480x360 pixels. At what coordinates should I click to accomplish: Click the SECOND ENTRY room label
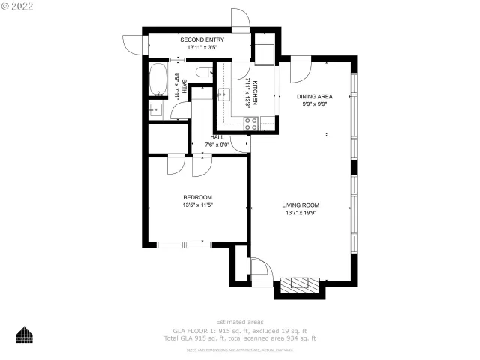181,40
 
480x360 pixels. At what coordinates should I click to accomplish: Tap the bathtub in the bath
159,79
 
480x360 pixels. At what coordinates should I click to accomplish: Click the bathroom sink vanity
155,112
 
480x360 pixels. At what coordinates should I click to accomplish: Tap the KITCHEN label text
256,92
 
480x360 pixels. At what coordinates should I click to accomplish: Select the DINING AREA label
315,96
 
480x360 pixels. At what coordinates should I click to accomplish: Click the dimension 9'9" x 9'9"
315,104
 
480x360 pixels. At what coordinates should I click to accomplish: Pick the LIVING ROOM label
301,205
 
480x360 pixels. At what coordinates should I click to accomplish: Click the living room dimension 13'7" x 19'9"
301,213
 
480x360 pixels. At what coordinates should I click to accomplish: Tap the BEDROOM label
197,197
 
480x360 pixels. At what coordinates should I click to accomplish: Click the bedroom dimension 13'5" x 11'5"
197,205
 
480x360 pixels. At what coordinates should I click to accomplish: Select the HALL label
217,137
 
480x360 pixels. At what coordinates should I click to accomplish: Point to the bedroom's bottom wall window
184,244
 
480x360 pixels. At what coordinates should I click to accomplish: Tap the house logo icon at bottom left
25,334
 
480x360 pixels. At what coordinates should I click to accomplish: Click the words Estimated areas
239,321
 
